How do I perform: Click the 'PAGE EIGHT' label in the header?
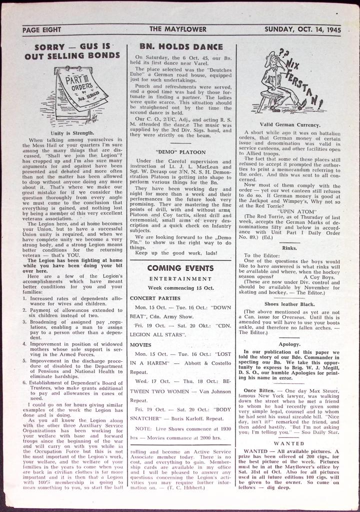tap(42, 30)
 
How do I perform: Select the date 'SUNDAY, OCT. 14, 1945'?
tap(302, 30)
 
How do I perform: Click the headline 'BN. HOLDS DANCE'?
tap(181, 47)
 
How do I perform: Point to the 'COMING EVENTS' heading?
tap(180, 268)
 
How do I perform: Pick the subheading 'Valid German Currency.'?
tap(290, 124)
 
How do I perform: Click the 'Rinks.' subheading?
tap(289, 248)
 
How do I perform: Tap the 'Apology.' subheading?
tap(289, 344)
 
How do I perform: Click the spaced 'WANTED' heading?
tap(289, 443)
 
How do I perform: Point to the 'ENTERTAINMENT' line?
tap(180, 279)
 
